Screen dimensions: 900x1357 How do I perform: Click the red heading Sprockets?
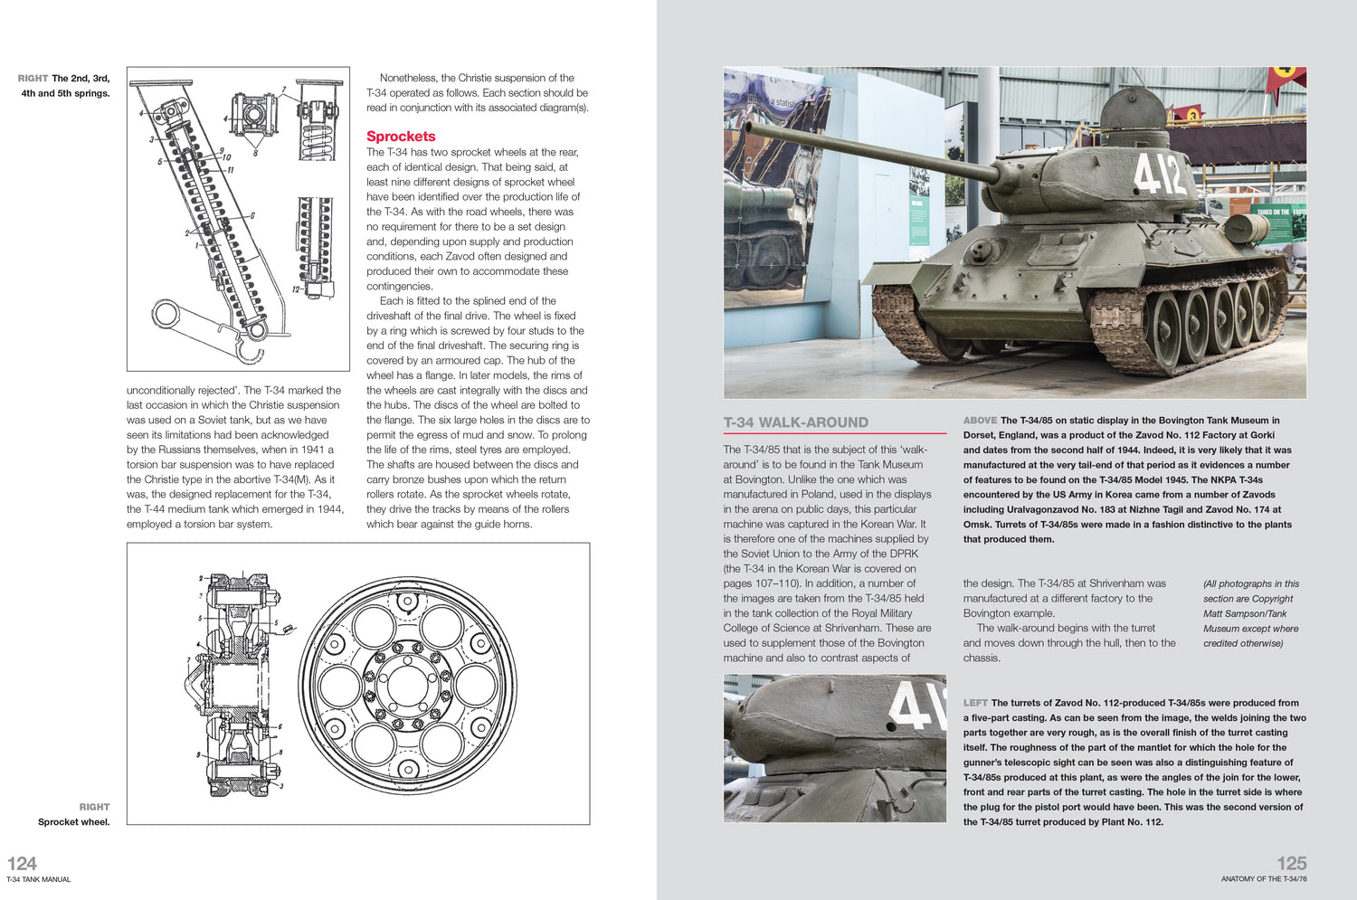(401, 137)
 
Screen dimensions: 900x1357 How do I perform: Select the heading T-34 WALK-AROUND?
(795, 422)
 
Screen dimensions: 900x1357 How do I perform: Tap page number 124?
(22, 863)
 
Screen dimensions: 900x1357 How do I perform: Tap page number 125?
(1291, 863)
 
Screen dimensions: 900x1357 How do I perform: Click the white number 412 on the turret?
(1159, 174)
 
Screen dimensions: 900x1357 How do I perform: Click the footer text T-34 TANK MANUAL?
(39, 879)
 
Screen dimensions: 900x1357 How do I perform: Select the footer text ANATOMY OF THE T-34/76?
(1263, 879)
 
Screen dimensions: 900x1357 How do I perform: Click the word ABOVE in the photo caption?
(980, 421)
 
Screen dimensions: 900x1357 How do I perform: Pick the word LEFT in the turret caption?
(975, 703)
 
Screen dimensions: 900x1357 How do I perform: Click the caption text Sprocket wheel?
(73, 822)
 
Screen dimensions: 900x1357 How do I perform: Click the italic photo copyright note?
(1250, 613)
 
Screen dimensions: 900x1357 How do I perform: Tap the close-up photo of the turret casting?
(834, 748)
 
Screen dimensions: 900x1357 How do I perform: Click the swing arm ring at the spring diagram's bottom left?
(167, 315)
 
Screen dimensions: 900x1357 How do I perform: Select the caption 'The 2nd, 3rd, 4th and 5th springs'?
(65, 86)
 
